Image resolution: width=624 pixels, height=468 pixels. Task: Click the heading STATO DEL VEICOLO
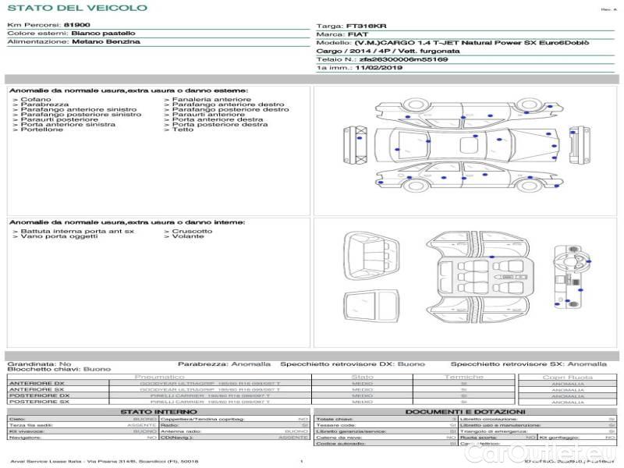tap(76, 8)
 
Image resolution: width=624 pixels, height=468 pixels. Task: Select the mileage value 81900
tap(76, 25)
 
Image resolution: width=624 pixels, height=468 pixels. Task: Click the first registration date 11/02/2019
tap(378, 68)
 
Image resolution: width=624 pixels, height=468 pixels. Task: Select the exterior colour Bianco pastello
tap(103, 34)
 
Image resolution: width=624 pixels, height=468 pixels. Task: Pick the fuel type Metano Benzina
tap(106, 42)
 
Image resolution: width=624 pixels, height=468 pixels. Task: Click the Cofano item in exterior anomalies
tap(36, 100)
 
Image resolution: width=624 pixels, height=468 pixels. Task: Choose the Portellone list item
tap(42, 129)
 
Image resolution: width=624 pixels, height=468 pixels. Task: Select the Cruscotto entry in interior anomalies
tap(192, 231)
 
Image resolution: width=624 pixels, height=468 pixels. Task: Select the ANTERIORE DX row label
tap(37, 384)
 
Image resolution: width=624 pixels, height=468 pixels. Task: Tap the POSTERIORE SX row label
tap(38, 402)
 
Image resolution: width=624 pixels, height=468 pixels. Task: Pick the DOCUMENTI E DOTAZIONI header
tap(465, 411)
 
